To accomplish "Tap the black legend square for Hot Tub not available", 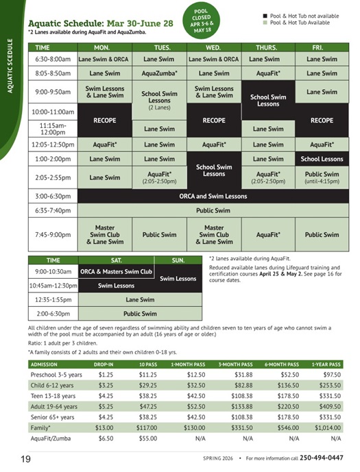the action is [265, 14].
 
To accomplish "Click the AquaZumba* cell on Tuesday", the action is [159, 73].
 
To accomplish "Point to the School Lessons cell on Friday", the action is [322, 159].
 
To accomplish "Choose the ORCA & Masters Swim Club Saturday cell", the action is [116, 272].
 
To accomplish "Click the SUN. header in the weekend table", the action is [178, 260].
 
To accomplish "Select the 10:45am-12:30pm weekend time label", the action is [52, 286].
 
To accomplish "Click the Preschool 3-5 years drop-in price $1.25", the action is [106, 375].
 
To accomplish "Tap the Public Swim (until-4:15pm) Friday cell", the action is [322, 177].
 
